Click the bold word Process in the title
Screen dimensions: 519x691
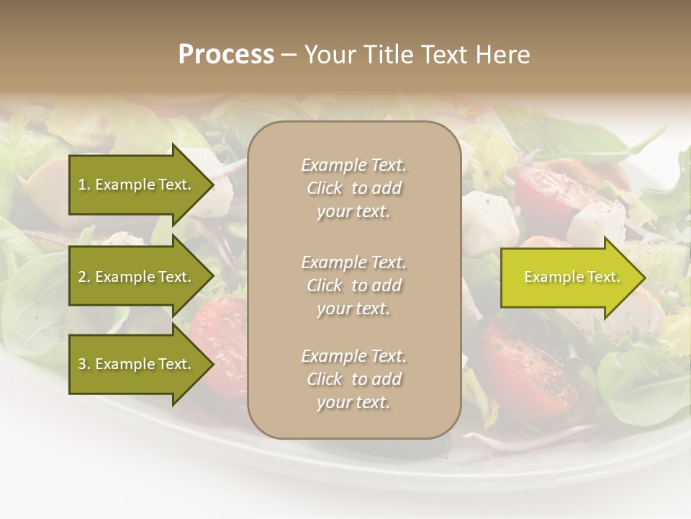click(226, 55)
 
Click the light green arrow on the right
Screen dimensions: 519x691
click(569, 278)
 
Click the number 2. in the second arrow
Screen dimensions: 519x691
click(84, 277)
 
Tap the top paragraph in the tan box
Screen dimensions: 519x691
click(353, 188)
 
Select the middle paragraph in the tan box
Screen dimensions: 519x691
click(353, 285)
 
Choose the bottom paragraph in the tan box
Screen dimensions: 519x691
click(353, 379)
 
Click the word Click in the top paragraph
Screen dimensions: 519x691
click(324, 188)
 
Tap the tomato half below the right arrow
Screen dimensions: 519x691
click(529, 368)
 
